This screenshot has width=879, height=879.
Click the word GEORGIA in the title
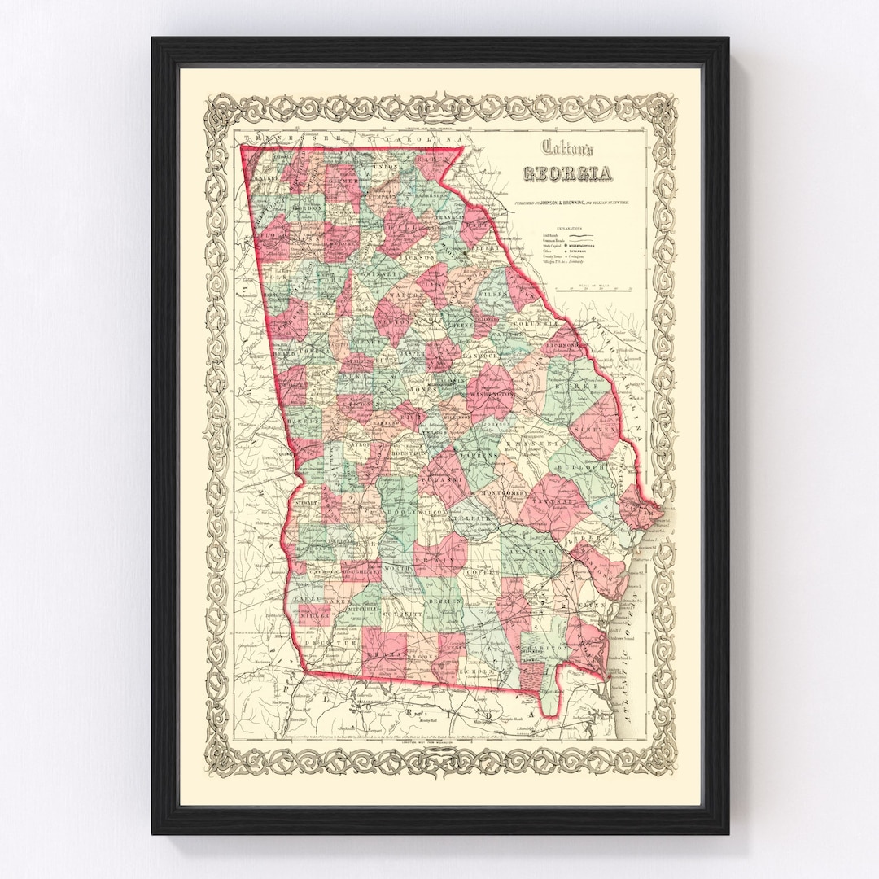click(x=567, y=173)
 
